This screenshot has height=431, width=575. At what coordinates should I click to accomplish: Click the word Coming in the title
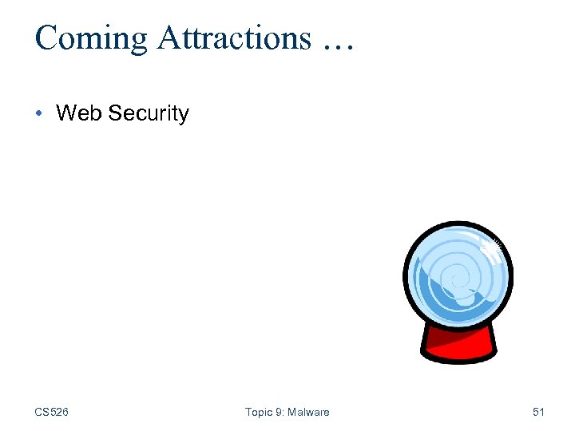[91, 38]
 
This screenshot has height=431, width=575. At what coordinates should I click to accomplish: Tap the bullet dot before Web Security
[40, 113]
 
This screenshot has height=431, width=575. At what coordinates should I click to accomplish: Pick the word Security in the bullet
[149, 113]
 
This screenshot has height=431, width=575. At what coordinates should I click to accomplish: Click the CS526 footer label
[51, 412]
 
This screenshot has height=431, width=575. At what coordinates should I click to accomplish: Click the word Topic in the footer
[259, 412]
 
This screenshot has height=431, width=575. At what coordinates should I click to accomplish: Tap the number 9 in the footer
[279, 412]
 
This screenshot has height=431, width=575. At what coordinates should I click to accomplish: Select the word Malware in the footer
[308, 412]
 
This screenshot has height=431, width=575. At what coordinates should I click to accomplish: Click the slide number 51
[538, 412]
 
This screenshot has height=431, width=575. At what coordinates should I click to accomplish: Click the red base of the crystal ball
[458, 344]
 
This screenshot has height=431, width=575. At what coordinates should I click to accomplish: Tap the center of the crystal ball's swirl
[453, 279]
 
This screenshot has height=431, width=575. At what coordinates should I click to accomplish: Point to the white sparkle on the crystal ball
[493, 250]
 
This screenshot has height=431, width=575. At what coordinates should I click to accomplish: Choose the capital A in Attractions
[169, 38]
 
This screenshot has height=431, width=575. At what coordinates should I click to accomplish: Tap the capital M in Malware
[294, 412]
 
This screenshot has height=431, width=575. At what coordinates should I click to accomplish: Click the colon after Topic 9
[284, 413]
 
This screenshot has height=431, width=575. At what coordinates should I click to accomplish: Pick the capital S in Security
[115, 113]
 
